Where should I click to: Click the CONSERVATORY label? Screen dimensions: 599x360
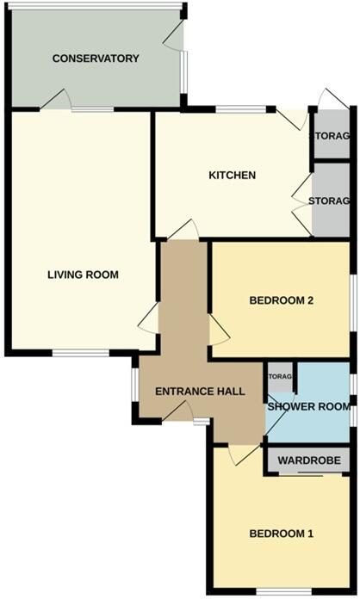pos(96,59)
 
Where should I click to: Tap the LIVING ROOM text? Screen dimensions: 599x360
pos(83,275)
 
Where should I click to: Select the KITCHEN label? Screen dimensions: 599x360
pos(233,176)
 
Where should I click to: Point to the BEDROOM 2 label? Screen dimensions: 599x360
pos(281,300)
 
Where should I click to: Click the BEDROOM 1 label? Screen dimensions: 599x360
pos(281,534)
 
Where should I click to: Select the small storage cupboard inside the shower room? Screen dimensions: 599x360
pos(281,376)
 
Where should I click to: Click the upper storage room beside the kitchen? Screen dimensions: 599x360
pos(331,136)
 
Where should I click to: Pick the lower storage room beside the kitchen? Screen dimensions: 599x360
pos(331,201)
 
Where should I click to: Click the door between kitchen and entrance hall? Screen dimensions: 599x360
pos(184,230)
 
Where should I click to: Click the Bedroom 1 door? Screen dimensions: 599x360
pos(245,453)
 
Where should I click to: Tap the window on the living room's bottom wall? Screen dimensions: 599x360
pos(81,352)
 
